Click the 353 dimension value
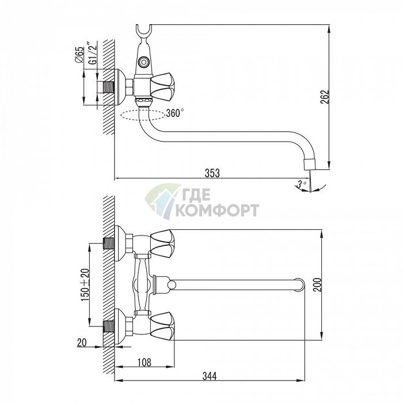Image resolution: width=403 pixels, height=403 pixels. [x=212, y=173]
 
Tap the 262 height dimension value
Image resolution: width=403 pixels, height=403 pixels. [x=325, y=97]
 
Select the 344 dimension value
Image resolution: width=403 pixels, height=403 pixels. [x=210, y=376]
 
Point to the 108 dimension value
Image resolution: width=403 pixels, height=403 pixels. [x=144, y=362]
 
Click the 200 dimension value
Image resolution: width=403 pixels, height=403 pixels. [x=317, y=284]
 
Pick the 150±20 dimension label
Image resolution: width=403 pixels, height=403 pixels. [x=86, y=285]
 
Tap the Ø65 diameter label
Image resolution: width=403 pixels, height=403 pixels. [x=79, y=55]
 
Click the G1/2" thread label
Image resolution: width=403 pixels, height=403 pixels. [x=93, y=54]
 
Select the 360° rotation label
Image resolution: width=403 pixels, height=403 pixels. [x=175, y=113]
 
